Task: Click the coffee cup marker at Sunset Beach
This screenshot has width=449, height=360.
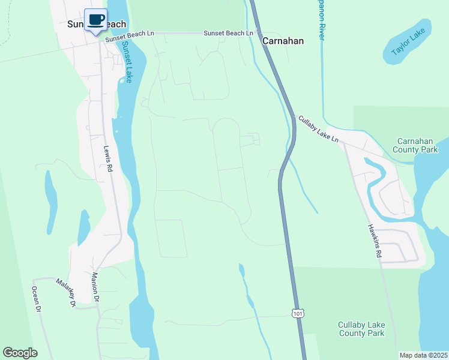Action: [95, 20]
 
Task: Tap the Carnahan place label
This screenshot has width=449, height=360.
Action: [283, 41]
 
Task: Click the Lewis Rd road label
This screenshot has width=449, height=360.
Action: [108, 161]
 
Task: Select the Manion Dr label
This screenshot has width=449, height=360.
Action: [94, 286]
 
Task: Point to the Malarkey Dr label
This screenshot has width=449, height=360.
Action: [66, 292]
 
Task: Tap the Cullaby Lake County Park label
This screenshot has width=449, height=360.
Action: [361, 329]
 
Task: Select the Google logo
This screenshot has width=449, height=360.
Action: [20, 353]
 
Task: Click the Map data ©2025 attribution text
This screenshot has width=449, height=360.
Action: [423, 355]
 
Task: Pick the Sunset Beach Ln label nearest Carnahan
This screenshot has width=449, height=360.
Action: [228, 33]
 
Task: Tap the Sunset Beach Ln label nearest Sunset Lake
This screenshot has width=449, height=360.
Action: [130, 37]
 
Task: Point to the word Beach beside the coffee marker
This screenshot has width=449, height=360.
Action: [116, 24]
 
